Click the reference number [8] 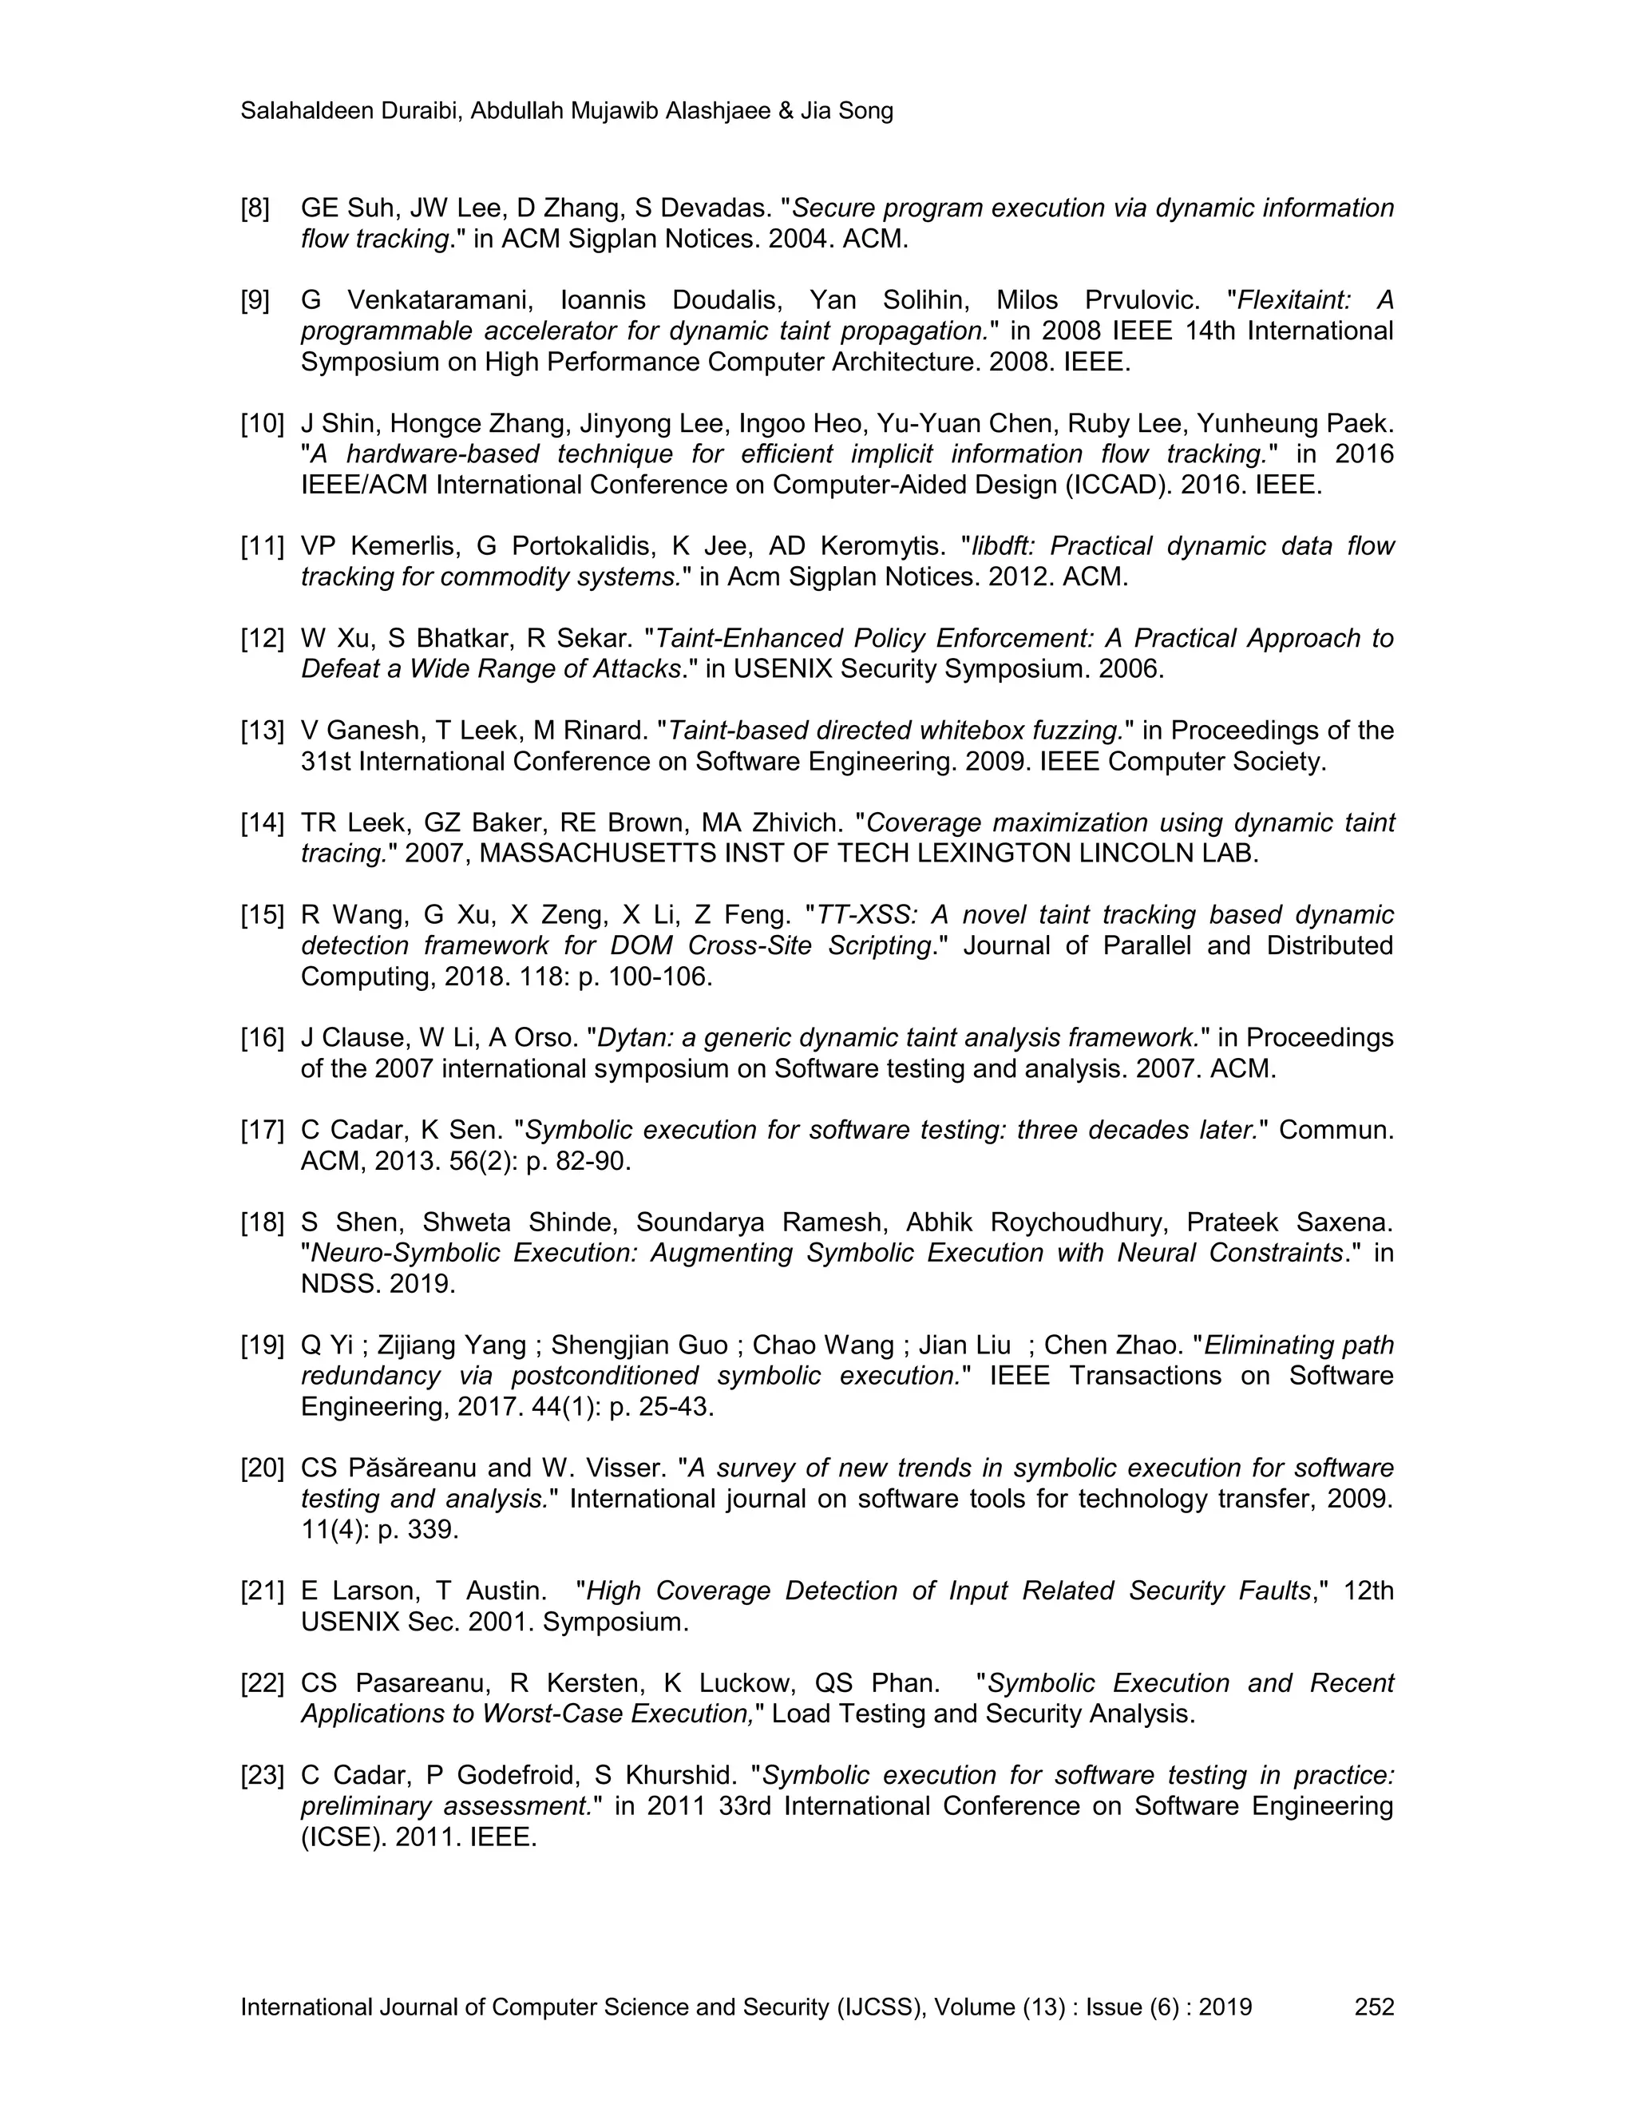(255, 208)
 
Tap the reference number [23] (262, 1775)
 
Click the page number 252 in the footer (1373, 2007)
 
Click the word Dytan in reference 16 (635, 1038)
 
